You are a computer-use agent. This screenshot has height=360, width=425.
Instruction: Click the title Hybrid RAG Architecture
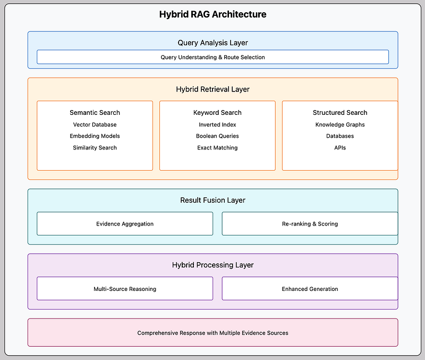(213, 14)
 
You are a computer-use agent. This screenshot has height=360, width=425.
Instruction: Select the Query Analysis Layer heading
(213, 43)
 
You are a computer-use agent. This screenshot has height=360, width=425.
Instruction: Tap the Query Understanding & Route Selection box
(213, 57)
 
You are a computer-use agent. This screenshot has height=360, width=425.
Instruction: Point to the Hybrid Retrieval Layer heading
(213, 89)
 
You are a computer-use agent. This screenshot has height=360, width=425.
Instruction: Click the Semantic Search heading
(95, 113)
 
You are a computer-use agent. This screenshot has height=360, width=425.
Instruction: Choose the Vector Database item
(95, 124)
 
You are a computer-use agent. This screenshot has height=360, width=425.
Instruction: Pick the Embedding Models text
(95, 136)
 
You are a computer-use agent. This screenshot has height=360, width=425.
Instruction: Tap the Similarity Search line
(95, 148)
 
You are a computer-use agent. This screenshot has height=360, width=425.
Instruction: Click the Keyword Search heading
(217, 113)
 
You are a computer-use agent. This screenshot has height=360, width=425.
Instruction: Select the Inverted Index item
(217, 124)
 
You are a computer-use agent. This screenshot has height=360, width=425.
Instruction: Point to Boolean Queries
(217, 136)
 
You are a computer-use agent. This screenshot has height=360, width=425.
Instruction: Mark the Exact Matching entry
(217, 148)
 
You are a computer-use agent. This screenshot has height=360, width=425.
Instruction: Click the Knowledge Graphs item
(340, 124)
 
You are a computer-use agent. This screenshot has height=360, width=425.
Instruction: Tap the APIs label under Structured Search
(340, 148)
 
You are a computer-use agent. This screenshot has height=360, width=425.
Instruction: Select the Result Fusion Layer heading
(213, 200)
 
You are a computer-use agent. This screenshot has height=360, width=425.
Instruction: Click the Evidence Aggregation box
(125, 223)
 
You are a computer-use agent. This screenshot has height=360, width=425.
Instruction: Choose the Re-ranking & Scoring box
(310, 223)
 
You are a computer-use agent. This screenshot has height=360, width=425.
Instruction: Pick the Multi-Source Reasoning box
(125, 288)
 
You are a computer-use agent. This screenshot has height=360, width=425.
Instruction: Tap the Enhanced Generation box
(310, 288)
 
